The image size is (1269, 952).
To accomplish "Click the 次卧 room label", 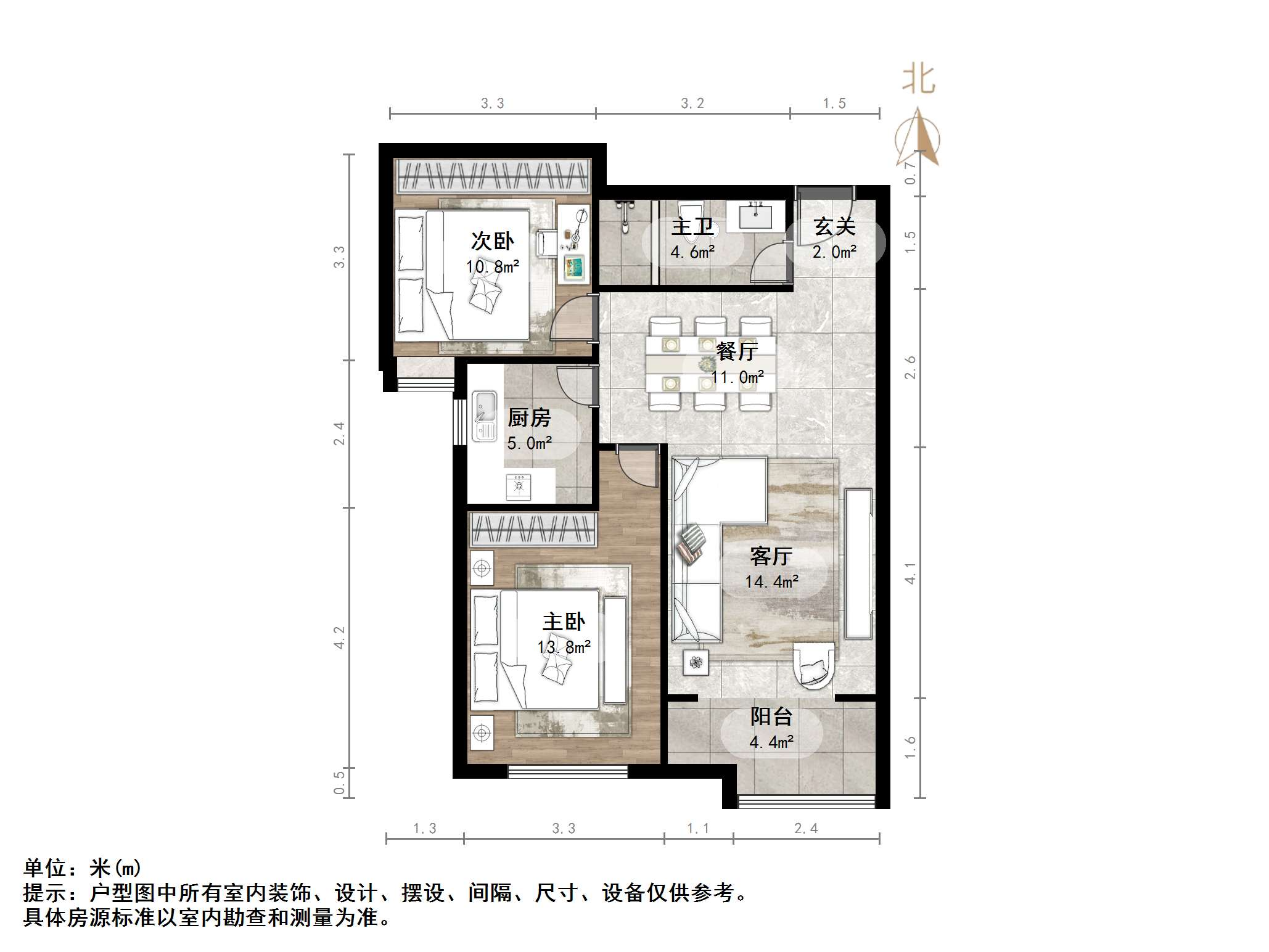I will coord(492,241).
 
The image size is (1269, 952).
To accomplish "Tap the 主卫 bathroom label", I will coord(692,227).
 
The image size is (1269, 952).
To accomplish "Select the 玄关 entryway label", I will coord(834,226).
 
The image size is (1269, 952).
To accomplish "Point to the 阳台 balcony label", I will coord(771,716).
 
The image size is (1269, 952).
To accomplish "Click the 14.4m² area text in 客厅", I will coord(771,581).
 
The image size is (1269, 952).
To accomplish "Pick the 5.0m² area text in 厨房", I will coord(529,443).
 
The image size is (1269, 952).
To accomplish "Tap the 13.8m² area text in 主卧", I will coord(564,647).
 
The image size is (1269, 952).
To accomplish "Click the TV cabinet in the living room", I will coord(858,563).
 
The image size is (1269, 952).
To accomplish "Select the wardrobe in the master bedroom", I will coord(533,529).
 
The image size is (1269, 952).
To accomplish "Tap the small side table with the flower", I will coord(696,663).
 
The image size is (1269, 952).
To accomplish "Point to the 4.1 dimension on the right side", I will coord(910,573).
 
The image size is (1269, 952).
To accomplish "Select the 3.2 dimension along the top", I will coord(692,104).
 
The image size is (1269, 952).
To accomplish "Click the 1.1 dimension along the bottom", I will coord(698,829).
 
